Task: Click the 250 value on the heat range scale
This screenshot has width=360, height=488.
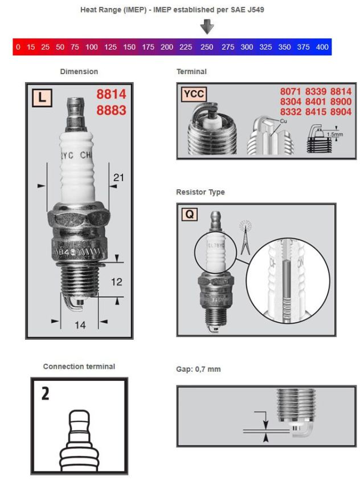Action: (206, 47)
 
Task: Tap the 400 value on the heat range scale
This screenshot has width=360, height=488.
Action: (322, 47)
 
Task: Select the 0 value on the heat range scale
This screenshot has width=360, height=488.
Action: (18, 47)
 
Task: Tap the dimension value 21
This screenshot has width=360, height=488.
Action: (118, 178)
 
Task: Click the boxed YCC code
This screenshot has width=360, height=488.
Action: (194, 96)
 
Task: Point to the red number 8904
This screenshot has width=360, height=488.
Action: (339, 112)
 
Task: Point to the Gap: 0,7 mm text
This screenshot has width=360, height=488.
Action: (199, 369)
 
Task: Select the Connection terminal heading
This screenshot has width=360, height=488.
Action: (79, 367)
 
